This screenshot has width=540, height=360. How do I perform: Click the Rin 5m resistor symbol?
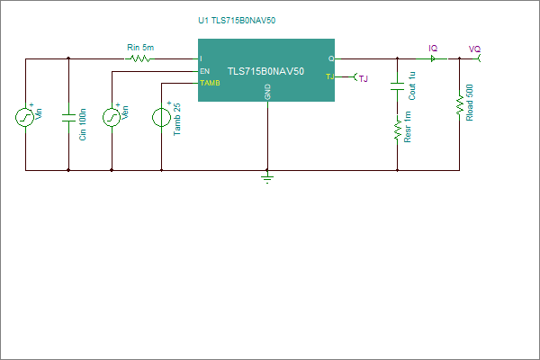pos(139,58)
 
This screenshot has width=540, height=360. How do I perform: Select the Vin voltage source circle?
pos(25,118)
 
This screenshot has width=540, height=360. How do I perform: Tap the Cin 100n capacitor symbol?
pos(68,118)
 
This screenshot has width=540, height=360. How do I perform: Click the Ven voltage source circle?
pos(112,118)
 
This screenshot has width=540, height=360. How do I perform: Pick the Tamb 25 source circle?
pos(161,118)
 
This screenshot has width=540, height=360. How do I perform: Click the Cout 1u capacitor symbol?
pos(397,86)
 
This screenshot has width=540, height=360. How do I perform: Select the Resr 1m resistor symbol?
pos(398,130)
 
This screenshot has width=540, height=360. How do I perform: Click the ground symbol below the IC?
pos(267,178)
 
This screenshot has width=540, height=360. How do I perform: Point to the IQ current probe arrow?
pos(433,58)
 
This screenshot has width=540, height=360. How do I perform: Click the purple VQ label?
pos(474,49)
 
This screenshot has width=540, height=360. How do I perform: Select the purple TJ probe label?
pos(364,79)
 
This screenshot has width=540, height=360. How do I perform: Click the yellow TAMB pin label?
pos(210,83)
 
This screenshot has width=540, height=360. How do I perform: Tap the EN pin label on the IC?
pos(204,71)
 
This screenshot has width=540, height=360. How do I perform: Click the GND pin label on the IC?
pos(267,92)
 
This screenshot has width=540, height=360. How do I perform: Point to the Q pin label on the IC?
pos(331,58)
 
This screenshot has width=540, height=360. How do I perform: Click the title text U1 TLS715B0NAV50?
pos(237,21)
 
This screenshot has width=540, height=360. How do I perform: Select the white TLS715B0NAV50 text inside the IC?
pos(265,71)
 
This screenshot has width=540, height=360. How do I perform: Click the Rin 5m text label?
pos(140,47)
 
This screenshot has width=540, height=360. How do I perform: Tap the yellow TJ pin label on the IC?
pos(330,76)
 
